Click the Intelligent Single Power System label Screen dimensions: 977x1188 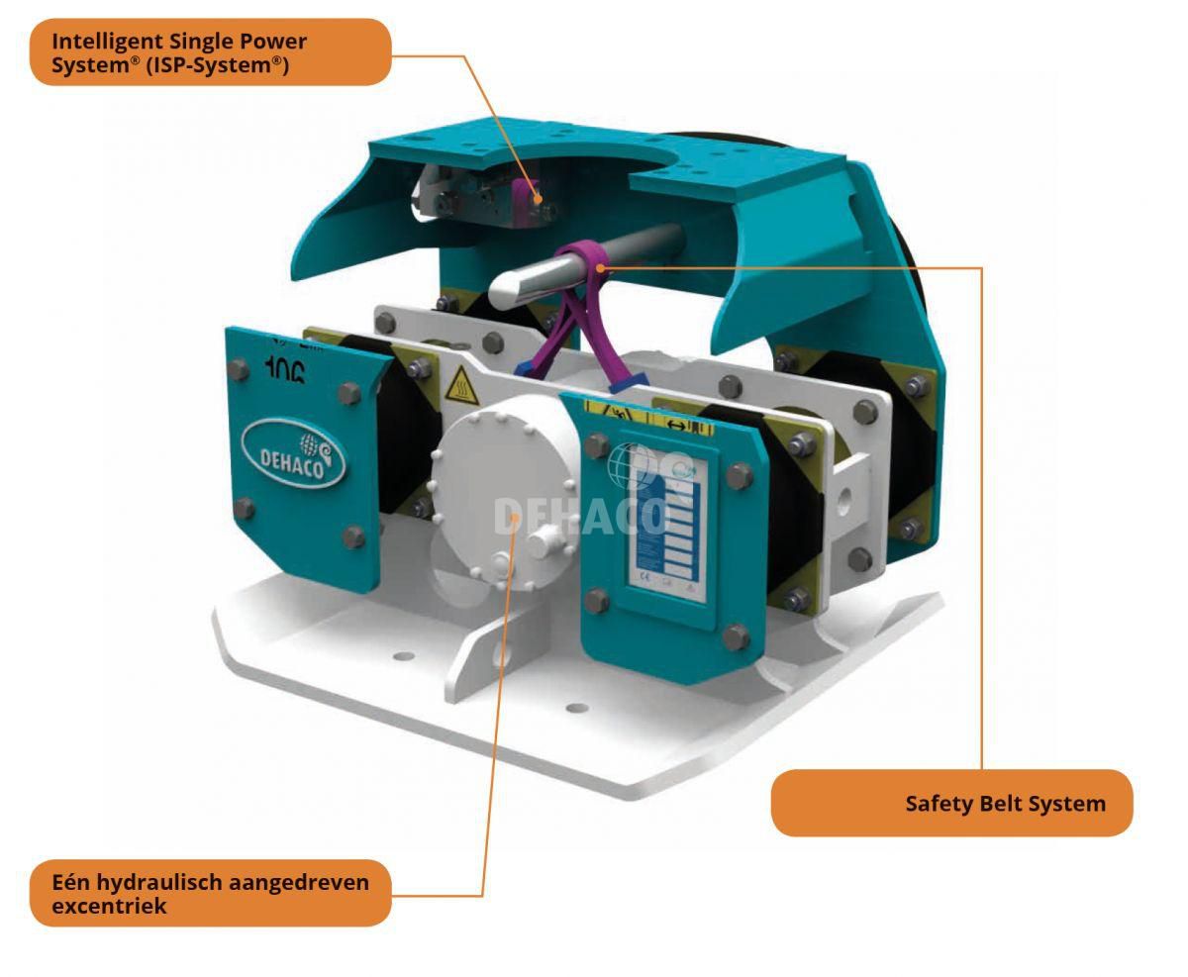tap(210, 51)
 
